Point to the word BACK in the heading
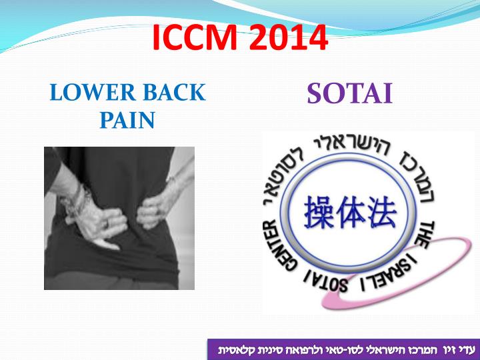coord(169,92)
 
